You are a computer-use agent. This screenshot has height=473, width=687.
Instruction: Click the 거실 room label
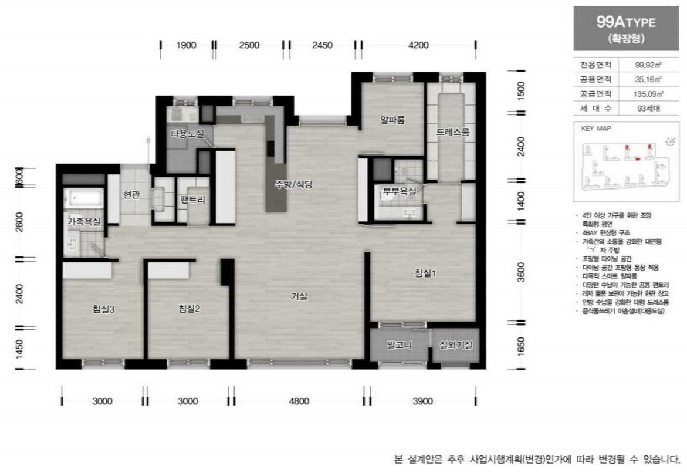click(x=299, y=296)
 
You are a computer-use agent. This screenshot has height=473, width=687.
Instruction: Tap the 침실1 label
click(x=426, y=273)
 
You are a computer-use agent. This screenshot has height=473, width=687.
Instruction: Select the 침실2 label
click(x=189, y=309)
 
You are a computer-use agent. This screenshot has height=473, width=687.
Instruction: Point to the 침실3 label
click(x=103, y=309)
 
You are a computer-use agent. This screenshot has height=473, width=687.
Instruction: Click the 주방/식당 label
click(x=295, y=184)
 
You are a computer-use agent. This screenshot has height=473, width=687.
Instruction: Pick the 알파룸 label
click(x=392, y=120)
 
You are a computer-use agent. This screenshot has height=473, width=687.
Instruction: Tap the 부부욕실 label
click(x=400, y=191)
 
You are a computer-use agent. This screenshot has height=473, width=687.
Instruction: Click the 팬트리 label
click(x=193, y=200)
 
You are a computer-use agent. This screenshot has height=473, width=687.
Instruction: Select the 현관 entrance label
click(x=131, y=194)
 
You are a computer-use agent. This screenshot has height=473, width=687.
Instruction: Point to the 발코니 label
click(x=399, y=345)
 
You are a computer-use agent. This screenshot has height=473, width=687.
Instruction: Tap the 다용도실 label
click(x=187, y=134)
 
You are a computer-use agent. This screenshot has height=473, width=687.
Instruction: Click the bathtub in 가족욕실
click(x=84, y=198)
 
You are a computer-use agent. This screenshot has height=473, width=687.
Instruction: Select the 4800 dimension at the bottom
click(x=299, y=401)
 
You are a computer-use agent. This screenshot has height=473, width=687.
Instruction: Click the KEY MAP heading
click(x=596, y=127)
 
